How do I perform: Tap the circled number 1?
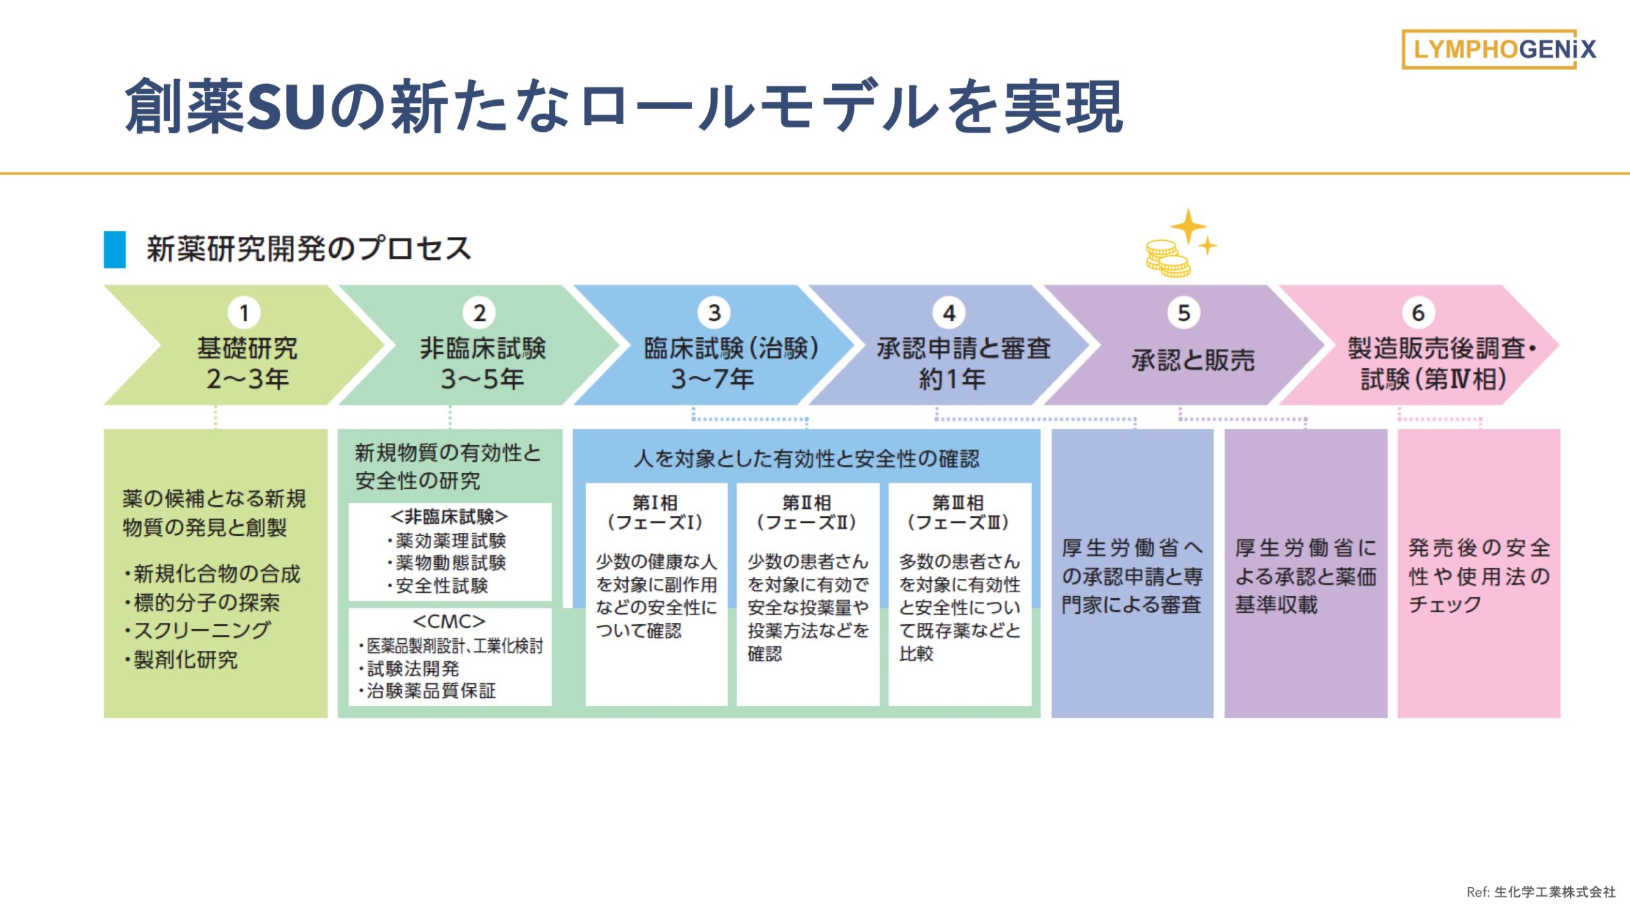click(x=244, y=313)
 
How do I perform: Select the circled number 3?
click(x=714, y=313)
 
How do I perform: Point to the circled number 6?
click(x=1418, y=313)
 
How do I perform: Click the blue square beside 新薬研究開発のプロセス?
click(x=115, y=249)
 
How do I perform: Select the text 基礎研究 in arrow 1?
click(x=247, y=348)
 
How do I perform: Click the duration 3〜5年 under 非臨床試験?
click(x=482, y=380)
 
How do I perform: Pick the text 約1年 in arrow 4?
click(x=952, y=380)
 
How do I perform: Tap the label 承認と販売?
click(x=1193, y=360)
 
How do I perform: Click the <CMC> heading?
click(x=449, y=622)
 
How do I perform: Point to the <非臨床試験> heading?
click(x=449, y=516)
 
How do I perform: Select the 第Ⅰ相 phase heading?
click(x=655, y=503)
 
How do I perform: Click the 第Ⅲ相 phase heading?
click(x=958, y=503)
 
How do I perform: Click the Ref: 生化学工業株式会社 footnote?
click(x=1541, y=892)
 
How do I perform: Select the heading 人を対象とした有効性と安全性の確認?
click(x=806, y=458)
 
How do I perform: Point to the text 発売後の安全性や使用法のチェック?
click(x=1478, y=576)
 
